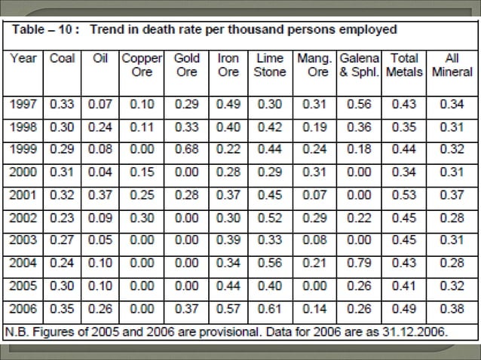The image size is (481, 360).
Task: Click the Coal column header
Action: pos(63,58)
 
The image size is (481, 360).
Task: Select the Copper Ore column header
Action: pos(142,65)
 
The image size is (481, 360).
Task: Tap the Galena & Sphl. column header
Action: pos(360,65)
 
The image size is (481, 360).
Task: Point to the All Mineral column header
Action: pos(452,65)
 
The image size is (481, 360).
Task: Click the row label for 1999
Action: pos(23,149)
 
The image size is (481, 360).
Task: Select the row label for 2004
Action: pos(23,263)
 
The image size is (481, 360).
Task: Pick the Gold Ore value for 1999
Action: pos(186,149)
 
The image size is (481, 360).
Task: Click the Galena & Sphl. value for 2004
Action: pos(359,263)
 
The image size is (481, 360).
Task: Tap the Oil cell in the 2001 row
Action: pos(100,195)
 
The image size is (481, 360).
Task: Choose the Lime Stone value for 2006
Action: pos(270,309)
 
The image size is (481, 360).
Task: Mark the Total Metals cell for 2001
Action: pos(404,195)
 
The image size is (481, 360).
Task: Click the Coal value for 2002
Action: pos(62,218)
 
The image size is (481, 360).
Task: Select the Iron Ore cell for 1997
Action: pos(228,104)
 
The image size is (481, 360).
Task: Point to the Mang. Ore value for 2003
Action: pos(314,240)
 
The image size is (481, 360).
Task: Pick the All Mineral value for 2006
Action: pos(452,309)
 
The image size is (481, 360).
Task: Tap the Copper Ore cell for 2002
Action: pos(142,218)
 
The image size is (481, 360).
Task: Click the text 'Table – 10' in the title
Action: pos(42,29)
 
